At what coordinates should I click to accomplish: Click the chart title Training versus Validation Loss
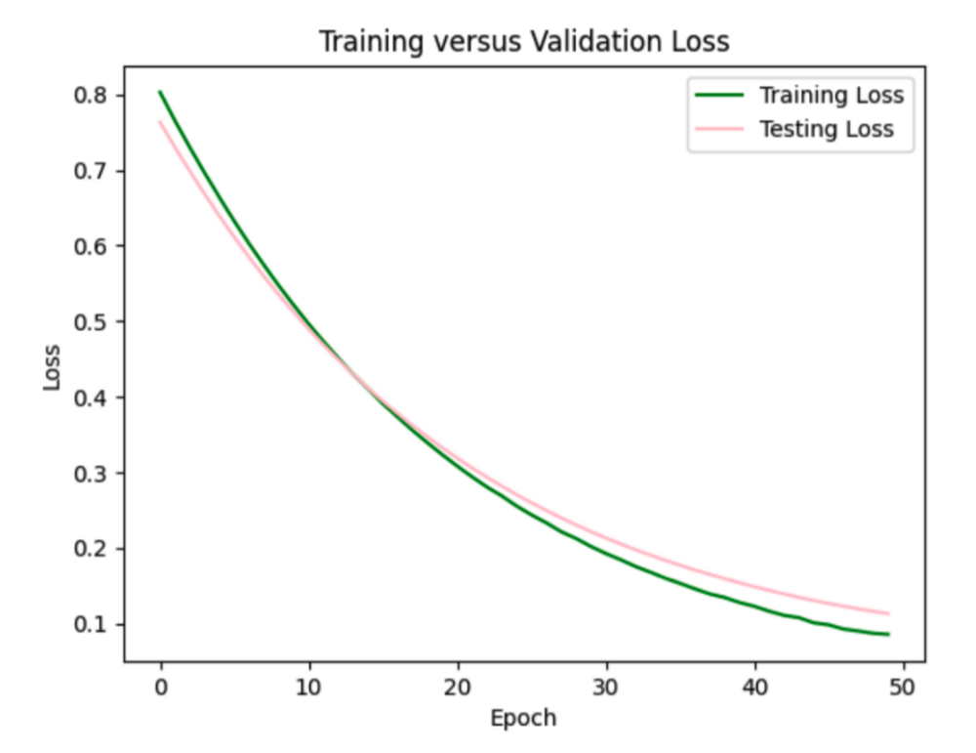point(524,42)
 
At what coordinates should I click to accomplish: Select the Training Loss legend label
point(832,96)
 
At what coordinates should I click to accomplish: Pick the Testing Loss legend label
point(827,129)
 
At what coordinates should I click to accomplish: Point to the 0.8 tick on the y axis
point(95,96)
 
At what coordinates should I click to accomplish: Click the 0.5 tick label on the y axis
point(95,322)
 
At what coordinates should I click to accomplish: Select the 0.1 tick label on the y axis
point(95,624)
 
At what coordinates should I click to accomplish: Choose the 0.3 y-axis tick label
point(95,474)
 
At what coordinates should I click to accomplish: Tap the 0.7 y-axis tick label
point(95,171)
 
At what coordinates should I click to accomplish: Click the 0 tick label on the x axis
point(161,687)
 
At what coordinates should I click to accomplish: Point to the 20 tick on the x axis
point(458,687)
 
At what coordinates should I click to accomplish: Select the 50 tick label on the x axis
point(903,687)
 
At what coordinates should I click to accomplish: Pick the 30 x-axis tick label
point(606,687)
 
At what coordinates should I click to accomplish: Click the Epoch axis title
point(523,719)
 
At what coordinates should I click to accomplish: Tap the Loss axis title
point(52,367)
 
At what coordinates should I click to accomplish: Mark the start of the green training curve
point(161,92)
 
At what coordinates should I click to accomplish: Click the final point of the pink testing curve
point(888,613)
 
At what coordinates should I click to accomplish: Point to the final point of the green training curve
point(888,634)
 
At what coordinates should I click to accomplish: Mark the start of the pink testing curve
point(161,122)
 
